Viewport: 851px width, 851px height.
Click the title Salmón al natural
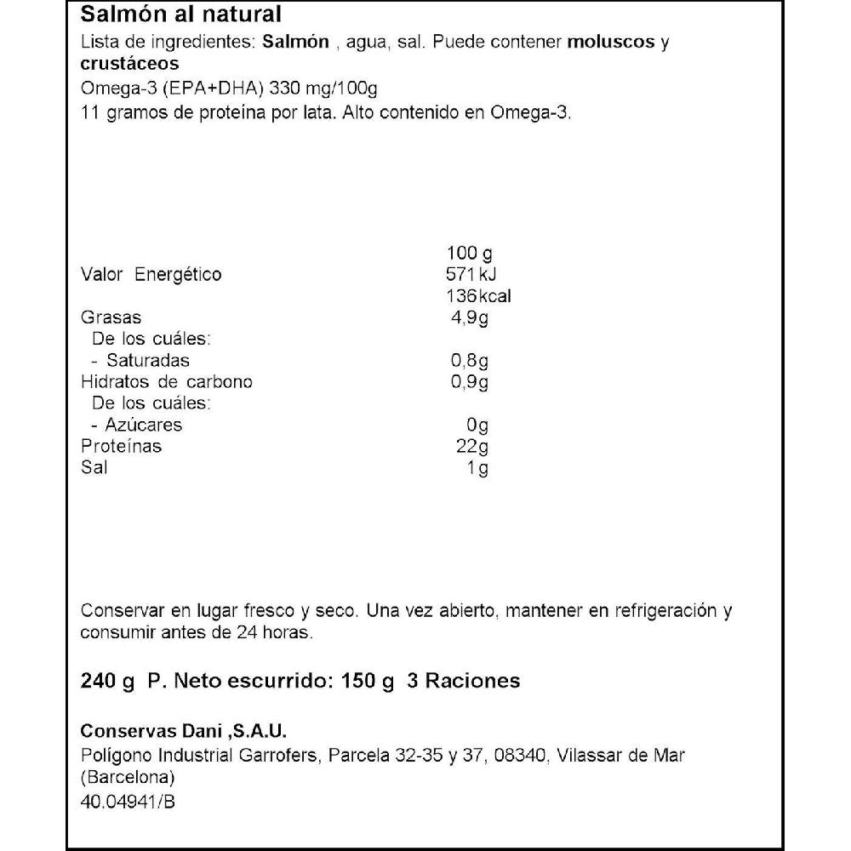[180, 15]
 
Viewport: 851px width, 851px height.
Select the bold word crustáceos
[129, 65]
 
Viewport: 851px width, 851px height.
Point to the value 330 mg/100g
[329, 91]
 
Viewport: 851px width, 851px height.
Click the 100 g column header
[470, 254]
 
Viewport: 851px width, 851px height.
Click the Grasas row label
[110, 317]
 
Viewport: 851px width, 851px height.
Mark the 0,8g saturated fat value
[470, 361]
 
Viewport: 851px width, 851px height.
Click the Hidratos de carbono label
[166, 382]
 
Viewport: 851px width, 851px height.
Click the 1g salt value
[477, 468]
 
